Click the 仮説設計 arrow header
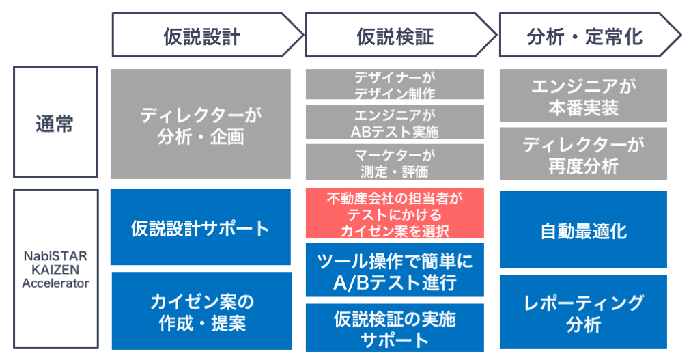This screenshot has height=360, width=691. [207, 36]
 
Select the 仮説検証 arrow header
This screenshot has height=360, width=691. [401, 36]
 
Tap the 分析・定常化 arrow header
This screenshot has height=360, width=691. [590, 36]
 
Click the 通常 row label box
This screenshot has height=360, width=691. [55, 122]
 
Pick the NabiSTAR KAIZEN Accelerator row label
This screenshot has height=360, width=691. [55, 268]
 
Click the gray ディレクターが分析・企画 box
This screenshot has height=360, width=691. [201, 124]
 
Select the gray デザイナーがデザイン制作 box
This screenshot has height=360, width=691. [395, 84]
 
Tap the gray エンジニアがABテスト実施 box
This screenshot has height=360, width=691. [395, 122]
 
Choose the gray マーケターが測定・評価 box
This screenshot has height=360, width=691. [395, 162]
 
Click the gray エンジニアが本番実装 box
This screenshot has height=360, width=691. [583, 95]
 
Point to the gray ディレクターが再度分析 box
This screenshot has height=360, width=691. [583, 154]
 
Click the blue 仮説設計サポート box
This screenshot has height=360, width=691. [201, 227]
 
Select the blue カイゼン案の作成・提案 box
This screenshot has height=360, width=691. [202, 311]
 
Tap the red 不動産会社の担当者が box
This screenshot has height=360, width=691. [395, 213]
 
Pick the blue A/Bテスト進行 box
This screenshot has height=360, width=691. [395, 270]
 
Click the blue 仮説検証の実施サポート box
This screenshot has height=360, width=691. [395, 327]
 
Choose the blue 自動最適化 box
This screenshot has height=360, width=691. [583, 230]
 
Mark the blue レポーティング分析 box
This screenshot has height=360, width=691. [583, 312]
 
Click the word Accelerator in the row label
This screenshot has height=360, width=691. [55, 283]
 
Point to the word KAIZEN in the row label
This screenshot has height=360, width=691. [55, 269]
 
